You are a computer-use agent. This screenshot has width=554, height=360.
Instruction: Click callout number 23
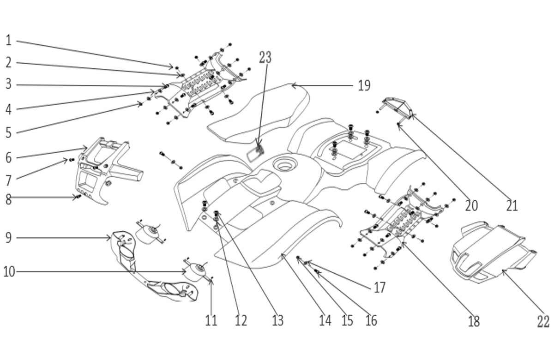coord(265,57)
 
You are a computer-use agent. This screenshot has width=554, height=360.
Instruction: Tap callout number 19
coord(364,86)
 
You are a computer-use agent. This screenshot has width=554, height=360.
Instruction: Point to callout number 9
coord(8,238)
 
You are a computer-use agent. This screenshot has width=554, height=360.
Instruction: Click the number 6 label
coord(8,157)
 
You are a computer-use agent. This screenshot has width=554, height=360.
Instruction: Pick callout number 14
coord(325,320)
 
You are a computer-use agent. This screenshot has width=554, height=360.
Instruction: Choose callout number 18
coord(474,321)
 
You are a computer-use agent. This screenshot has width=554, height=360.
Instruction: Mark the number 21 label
coord(512,205)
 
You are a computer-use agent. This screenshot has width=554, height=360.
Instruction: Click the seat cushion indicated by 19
coord(259,113)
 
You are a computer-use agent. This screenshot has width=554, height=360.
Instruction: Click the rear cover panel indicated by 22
coord(489,252)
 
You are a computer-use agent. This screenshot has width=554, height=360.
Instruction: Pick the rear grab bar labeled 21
coord(397,107)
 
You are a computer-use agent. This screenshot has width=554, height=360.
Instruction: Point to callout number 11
coord(211,320)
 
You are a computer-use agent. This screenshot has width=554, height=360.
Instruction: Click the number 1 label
coord(8,41)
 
